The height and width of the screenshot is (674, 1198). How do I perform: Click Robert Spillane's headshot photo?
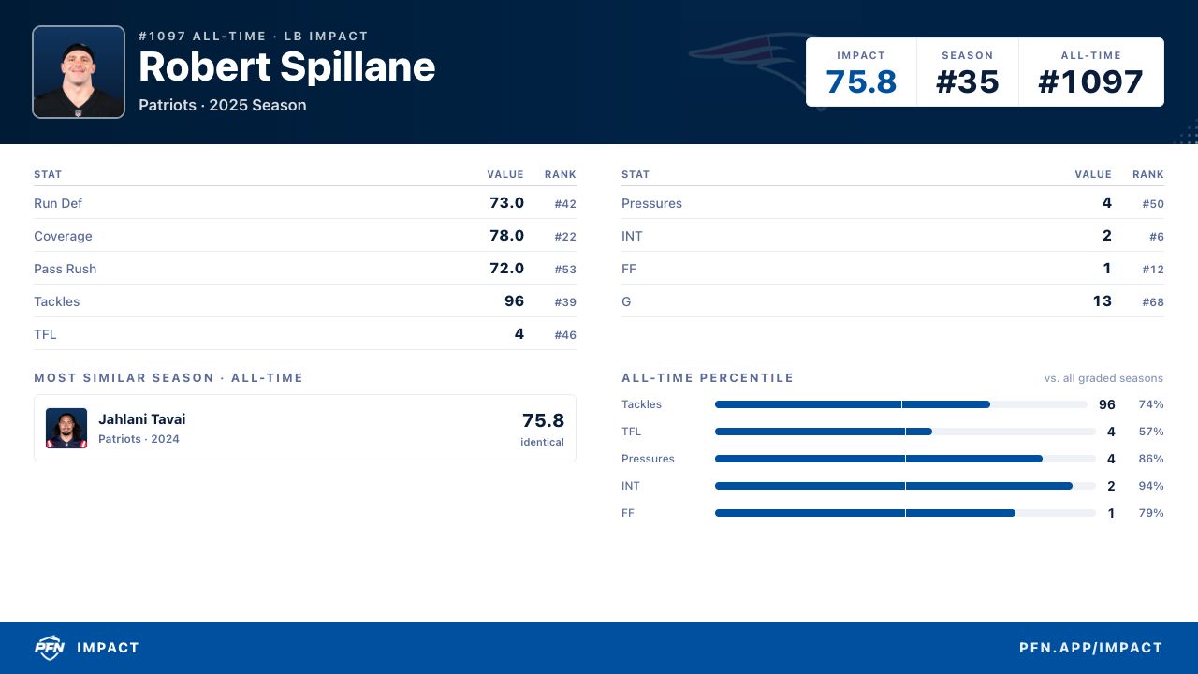pyautogui.click(x=79, y=72)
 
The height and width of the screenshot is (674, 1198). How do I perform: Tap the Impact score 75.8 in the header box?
pyautogui.click(x=860, y=81)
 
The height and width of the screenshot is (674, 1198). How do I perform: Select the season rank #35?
pyautogui.click(x=967, y=81)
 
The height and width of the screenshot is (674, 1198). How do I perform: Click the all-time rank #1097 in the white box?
pyautogui.click(x=1090, y=81)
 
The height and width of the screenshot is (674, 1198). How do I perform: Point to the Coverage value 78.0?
pyautogui.click(x=506, y=235)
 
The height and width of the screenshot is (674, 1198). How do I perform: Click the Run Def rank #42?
pyautogui.click(x=565, y=204)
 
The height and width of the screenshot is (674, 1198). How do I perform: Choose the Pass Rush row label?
pyautogui.click(x=66, y=269)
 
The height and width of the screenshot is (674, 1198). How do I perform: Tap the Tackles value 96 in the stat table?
pyautogui.click(x=514, y=301)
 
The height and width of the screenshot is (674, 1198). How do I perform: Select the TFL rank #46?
pyautogui.click(x=565, y=335)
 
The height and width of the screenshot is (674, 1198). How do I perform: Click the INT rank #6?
pyautogui.click(x=1157, y=237)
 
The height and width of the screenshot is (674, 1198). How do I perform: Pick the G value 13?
pyautogui.click(x=1103, y=301)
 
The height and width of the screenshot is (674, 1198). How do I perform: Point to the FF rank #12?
pyautogui.click(x=1153, y=269)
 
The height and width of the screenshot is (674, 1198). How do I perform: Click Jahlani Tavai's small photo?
pyautogui.click(x=66, y=428)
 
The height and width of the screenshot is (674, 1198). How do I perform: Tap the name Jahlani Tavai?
pyautogui.click(x=141, y=418)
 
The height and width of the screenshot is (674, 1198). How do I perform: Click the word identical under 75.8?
pyautogui.click(x=542, y=442)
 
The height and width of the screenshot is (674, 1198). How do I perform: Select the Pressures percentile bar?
pyautogui.click(x=905, y=459)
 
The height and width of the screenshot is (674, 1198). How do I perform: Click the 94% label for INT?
pyautogui.click(x=1151, y=486)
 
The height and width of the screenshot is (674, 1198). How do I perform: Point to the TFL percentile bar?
pyautogui.click(x=905, y=432)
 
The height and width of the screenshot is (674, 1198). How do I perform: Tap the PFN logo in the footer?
pyautogui.click(x=50, y=648)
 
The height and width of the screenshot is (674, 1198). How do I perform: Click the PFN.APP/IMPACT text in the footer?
pyautogui.click(x=1091, y=648)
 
